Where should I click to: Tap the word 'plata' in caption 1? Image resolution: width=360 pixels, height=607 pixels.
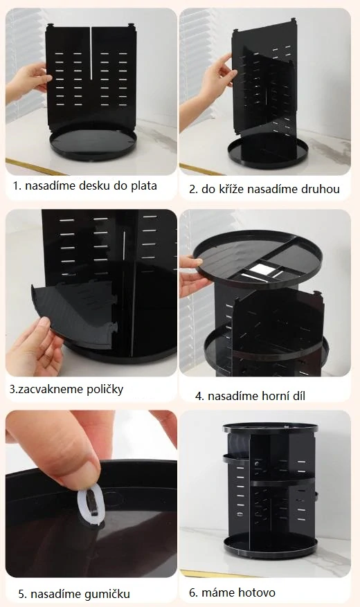[x=143, y=185]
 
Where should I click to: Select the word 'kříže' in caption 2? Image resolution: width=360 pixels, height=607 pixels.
[x=232, y=188]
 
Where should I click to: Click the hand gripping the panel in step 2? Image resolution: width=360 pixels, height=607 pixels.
[x=211, y=83]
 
